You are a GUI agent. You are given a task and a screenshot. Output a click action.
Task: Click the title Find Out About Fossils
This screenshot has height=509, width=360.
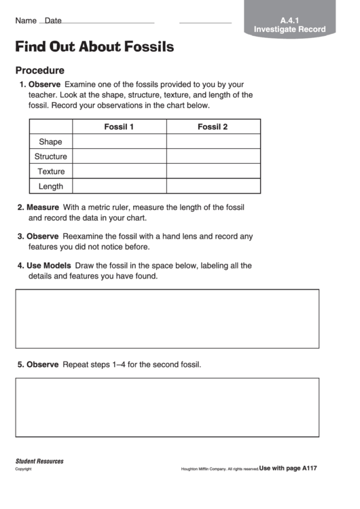tap(94, 47)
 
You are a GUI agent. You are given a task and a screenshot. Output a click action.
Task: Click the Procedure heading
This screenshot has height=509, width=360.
tap(40, 70)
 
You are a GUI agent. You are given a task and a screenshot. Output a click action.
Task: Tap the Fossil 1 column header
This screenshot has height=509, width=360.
tap(119, 126)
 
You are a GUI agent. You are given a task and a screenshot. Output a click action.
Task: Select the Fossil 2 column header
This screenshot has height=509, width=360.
tap(213, 126)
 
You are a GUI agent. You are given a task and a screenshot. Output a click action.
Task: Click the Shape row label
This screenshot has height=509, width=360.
tap(50, 141)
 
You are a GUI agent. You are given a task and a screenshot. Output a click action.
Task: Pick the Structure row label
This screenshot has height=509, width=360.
tap(50, 156)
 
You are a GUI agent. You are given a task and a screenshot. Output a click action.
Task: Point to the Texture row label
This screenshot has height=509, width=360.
tap(51, 171)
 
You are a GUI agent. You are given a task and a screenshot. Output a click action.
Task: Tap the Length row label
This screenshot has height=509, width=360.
tap(51, 186)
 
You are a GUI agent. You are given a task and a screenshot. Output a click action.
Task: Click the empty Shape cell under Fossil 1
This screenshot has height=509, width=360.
tap(119, 141)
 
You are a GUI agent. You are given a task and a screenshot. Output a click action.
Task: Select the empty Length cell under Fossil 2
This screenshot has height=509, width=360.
tap(213, 186)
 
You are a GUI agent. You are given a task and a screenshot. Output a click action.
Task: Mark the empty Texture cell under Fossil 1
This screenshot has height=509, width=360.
tap(119, 171)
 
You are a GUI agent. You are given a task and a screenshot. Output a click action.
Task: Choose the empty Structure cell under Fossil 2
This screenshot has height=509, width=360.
tap(213, 156)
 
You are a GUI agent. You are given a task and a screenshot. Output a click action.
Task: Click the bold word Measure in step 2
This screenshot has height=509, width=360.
tap(43, 207)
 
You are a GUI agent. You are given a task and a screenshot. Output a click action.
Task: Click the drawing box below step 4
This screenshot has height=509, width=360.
tap(167, 319)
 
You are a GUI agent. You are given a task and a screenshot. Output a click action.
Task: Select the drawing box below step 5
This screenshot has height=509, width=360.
tap(167, 406)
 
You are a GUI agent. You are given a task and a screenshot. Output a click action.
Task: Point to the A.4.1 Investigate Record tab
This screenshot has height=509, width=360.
tap(289, 25)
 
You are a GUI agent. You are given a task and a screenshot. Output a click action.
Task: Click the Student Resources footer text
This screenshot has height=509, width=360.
tap(39, 461)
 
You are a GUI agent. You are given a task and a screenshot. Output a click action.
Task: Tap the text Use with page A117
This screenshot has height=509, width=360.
tap(288, 468)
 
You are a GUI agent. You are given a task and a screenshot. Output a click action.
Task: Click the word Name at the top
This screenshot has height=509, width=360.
tap(26, 21)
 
